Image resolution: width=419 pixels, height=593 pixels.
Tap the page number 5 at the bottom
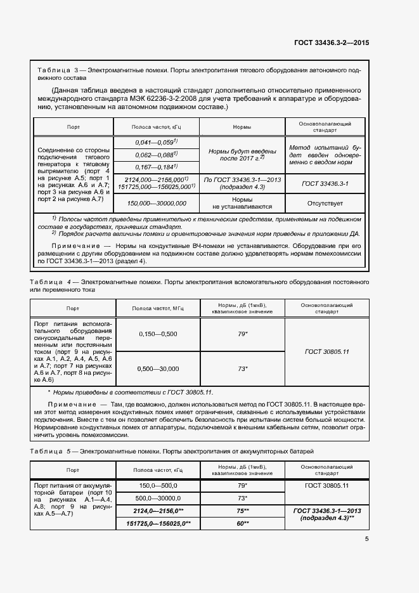[x=367, y=540]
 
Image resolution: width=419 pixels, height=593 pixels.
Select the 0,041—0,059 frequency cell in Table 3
[x=156, y=142]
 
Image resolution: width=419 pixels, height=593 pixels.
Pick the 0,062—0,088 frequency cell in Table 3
[x=156, y=154]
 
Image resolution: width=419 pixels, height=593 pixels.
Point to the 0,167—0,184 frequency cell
[x=156, y=167]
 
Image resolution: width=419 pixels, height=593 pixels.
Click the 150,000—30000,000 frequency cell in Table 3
[x=156, y=220]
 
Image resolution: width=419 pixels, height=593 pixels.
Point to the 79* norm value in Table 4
[x=242, y=334]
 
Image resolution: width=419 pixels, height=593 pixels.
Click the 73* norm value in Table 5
[x=242, y=498]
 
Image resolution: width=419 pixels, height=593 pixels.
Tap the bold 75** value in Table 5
[x=242, y=511]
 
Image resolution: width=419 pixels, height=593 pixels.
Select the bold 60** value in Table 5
[x=242, y=523]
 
